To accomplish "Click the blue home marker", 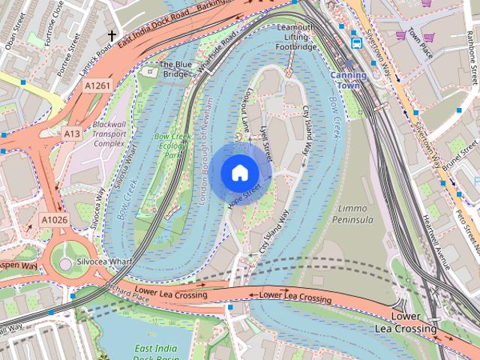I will [238, 172].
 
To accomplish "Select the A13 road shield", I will [72, 133].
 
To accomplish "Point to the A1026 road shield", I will [52, 219].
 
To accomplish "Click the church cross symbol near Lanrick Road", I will [112, 35].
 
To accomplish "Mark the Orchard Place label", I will [128, 290].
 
